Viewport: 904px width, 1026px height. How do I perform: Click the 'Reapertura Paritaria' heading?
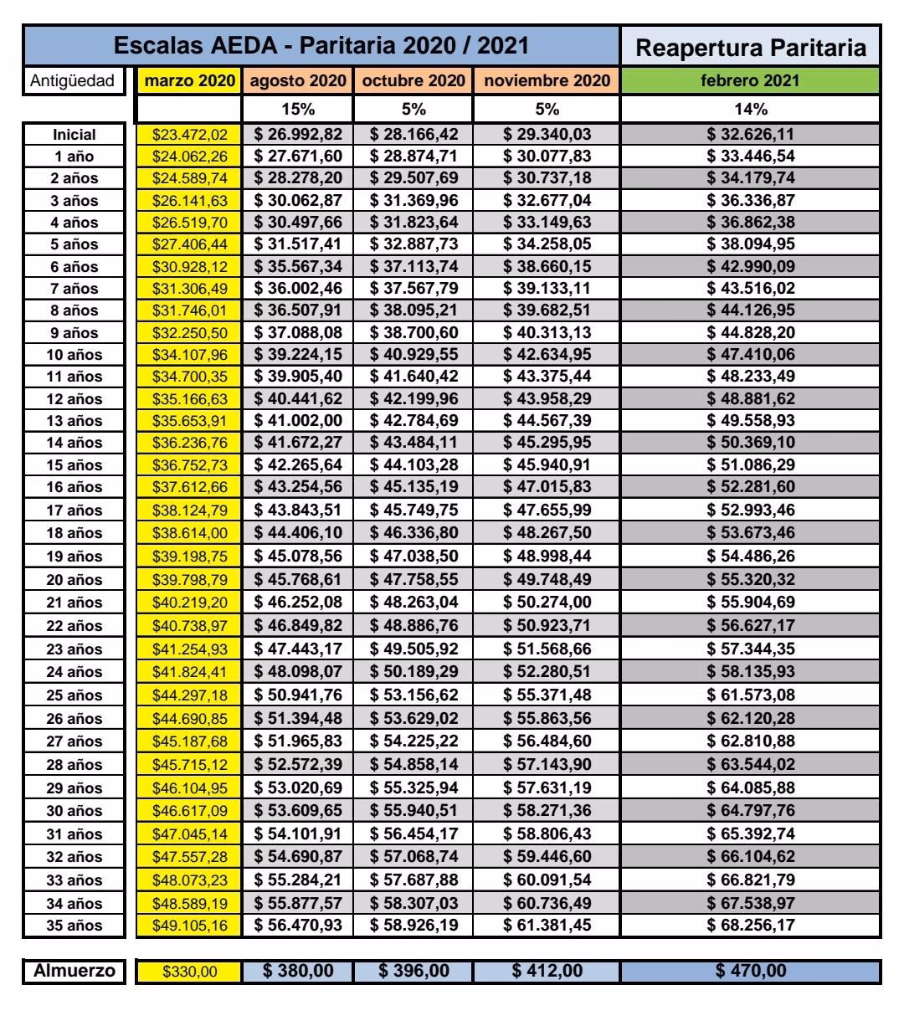750,49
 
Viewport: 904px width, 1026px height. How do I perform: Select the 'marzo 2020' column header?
188,82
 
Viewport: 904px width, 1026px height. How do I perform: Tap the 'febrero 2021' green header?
750,82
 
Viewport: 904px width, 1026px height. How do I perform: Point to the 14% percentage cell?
750,109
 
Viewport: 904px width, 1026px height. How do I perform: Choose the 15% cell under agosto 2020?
298,109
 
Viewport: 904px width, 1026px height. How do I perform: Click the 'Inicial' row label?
74,135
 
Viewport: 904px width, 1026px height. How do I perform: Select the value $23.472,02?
188,135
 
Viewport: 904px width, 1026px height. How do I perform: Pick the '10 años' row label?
74,355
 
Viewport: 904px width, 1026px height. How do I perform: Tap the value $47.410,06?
750,355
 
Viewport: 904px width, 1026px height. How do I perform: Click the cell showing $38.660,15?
547,267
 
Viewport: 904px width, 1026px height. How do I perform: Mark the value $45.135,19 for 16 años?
413,487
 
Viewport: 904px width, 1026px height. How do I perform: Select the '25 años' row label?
74,695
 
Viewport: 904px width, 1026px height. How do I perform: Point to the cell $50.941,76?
298,695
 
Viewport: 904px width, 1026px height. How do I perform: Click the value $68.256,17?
750,926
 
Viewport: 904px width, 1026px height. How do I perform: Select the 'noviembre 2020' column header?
547,82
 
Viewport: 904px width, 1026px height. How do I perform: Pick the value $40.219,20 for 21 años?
188,602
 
